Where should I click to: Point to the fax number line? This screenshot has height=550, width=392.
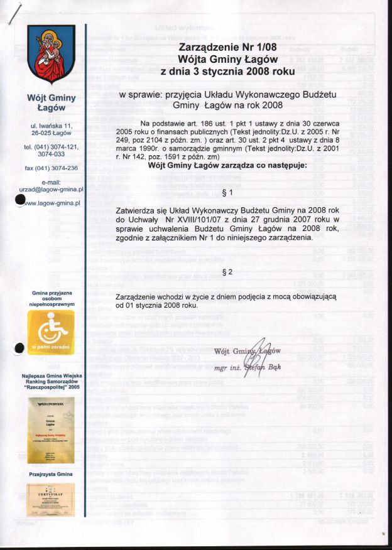(x=52, y=168)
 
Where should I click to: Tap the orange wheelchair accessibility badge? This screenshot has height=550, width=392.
(x=52, y=333)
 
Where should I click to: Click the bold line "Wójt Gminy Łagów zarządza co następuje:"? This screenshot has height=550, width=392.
(x=219, y=166)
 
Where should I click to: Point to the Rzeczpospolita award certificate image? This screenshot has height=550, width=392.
(x=52, y=426)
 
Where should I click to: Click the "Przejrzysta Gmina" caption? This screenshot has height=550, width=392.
(x=52, y=474)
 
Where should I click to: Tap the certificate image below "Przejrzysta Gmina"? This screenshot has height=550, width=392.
(x=52, y=499)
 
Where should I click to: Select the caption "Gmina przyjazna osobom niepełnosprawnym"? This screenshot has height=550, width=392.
(x=52, y=298)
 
